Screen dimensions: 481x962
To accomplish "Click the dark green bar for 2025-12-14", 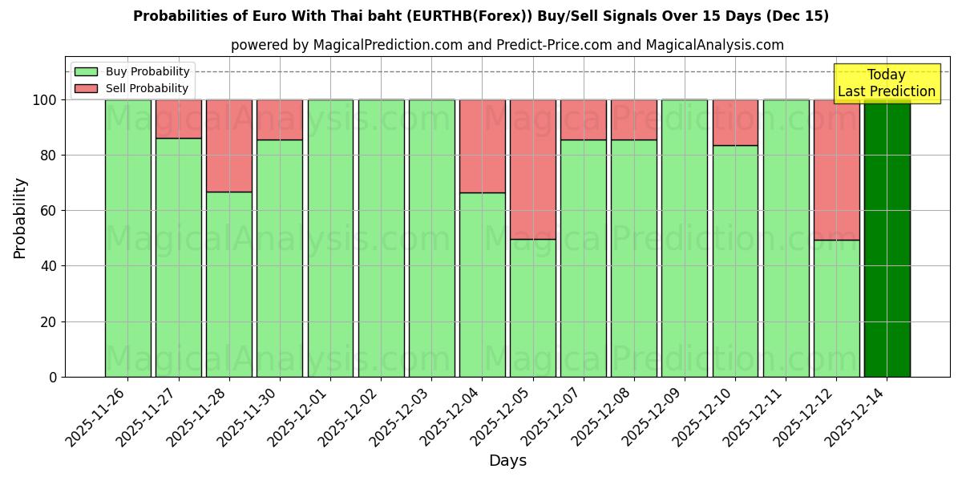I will tap(887, 238).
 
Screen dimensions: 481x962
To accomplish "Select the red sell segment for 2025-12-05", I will tap(533, 169).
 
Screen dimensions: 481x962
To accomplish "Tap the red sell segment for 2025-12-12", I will tap(836, 169).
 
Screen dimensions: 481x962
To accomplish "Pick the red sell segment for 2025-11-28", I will tap(229, 145).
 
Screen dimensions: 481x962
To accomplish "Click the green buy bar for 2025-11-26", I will tap(127, 238).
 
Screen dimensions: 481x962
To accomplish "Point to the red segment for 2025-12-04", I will tap(482, 146).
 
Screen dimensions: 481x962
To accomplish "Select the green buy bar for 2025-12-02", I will tap(381, 238).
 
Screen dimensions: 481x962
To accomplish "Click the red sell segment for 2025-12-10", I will tap(735, 122).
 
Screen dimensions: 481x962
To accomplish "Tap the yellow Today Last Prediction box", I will tap(886, 83).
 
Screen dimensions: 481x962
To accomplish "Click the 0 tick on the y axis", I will tap(53, 377).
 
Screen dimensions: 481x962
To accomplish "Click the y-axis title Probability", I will tap(20, 218).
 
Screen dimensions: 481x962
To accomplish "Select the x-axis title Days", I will tap(507, 461).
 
